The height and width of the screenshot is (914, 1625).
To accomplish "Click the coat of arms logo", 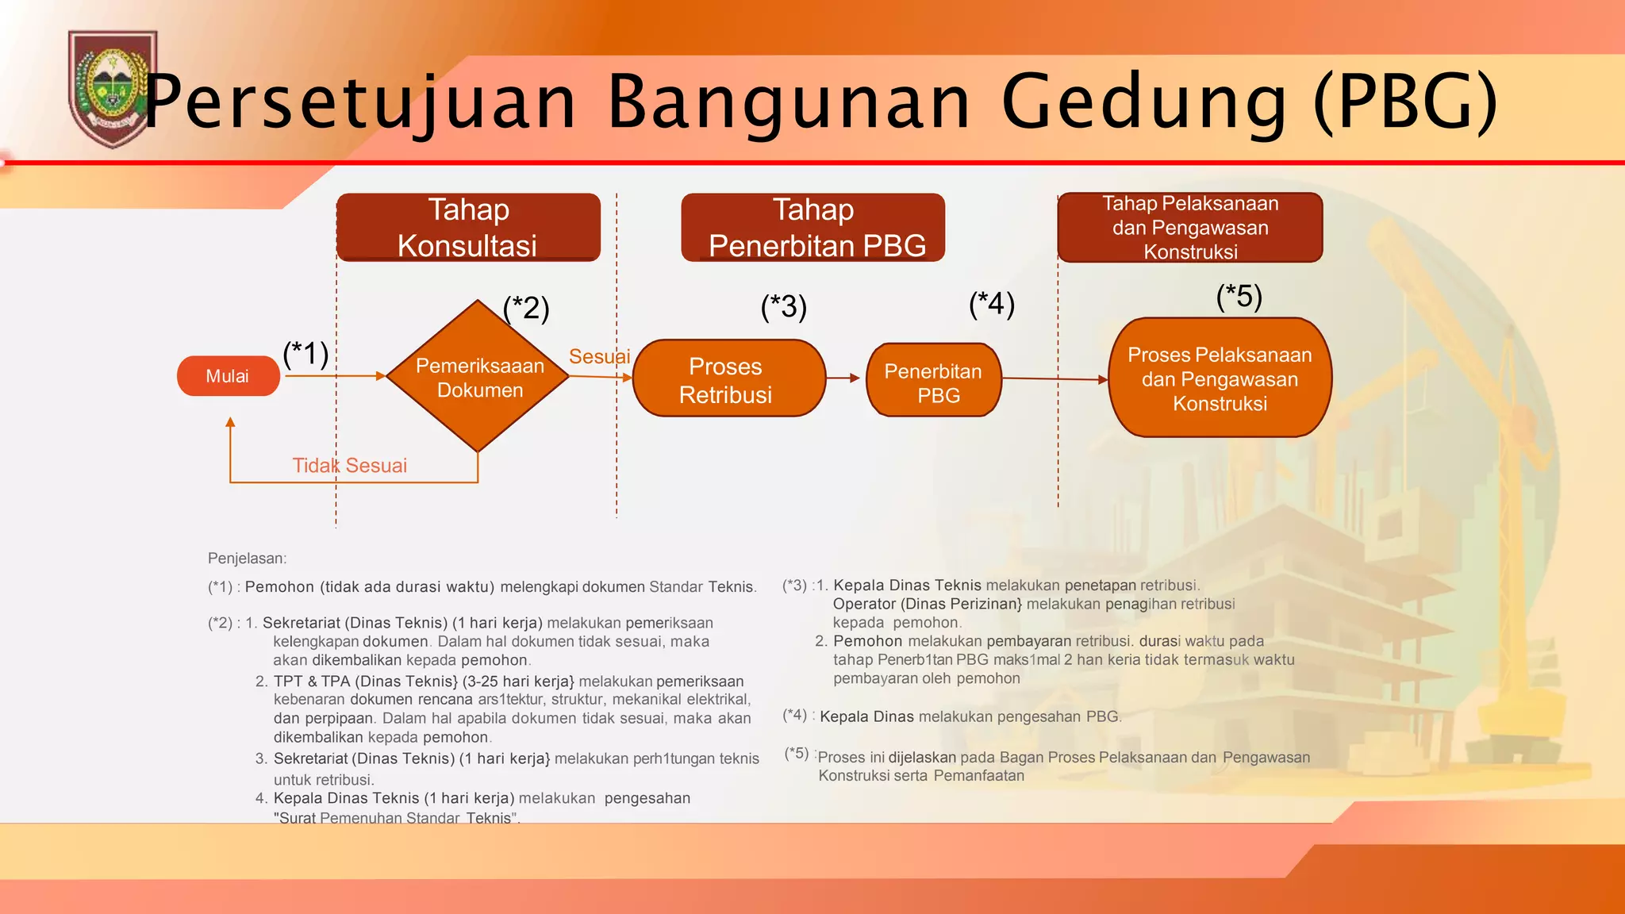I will (112, 89).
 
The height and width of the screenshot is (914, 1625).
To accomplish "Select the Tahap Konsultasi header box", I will (468, 227).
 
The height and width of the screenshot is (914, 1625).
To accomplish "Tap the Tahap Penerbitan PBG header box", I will (813, 227).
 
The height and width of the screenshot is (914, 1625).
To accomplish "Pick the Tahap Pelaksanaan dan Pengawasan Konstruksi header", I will (1190, 227).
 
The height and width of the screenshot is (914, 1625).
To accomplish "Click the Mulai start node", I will (228, 376).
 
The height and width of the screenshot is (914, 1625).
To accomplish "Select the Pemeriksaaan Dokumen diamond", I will (478, 377).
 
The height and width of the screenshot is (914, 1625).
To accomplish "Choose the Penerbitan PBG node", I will (934, 381).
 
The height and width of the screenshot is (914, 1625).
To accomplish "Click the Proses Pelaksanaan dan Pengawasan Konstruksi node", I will (1220, 378).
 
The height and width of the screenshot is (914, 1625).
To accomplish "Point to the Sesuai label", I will (599, 356).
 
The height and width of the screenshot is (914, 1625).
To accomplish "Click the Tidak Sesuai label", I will (349, 466).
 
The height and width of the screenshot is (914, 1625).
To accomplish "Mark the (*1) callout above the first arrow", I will (305, 353).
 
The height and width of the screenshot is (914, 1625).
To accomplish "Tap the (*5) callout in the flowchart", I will (1239, 297).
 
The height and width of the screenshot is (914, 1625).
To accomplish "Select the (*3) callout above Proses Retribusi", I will (783, 306).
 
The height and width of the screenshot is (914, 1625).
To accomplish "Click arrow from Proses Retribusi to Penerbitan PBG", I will (843, 378).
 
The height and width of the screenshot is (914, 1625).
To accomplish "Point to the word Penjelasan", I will (247, 559).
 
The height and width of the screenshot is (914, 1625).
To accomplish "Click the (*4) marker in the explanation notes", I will (794, 715).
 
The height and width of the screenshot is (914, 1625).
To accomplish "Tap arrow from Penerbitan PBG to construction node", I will (1055, 379).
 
